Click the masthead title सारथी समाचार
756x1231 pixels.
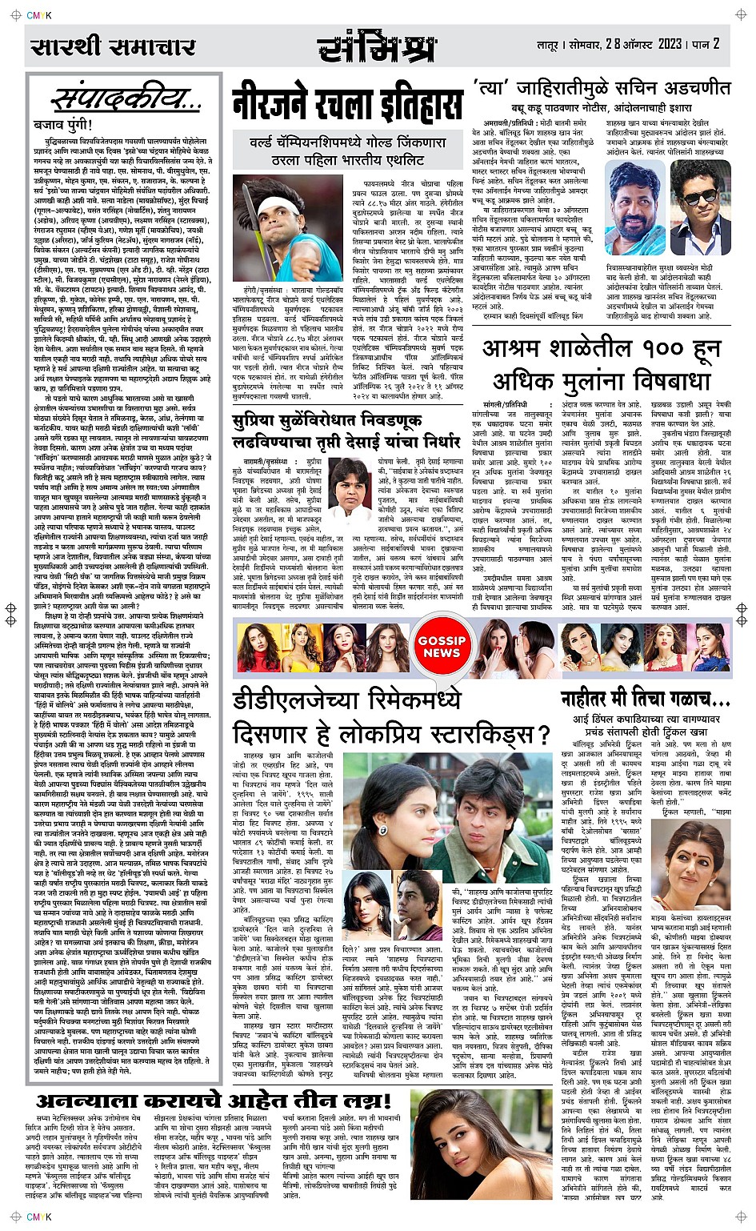[113, 47]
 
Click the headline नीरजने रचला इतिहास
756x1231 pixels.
[347, 105]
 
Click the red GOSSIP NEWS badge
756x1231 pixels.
[441, 647]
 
